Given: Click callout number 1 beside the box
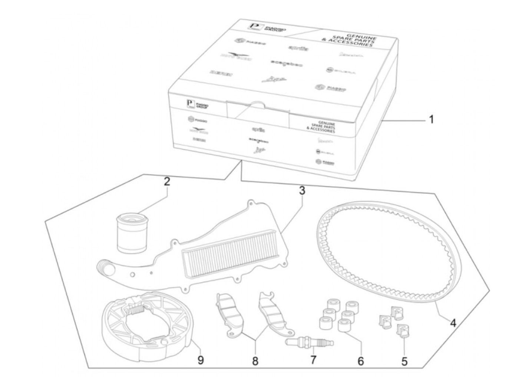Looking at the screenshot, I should click(x=431, y=120).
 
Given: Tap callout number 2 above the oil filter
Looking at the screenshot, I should click(x=167, y=182).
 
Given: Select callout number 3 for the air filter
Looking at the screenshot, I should click(x=302, y=191).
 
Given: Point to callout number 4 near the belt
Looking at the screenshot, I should click(x=452, y=323).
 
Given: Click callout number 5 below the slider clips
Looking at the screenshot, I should click(x=404, y=361).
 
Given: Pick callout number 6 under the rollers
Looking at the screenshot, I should click(x=361, y=361).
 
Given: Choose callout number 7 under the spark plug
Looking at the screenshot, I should click(x=313, y=360).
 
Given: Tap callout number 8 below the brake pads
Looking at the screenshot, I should click(x=255, y=361).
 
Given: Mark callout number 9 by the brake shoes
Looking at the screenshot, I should click(x=201, y=360).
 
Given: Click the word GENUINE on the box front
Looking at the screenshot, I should click(x=327, y=122).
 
